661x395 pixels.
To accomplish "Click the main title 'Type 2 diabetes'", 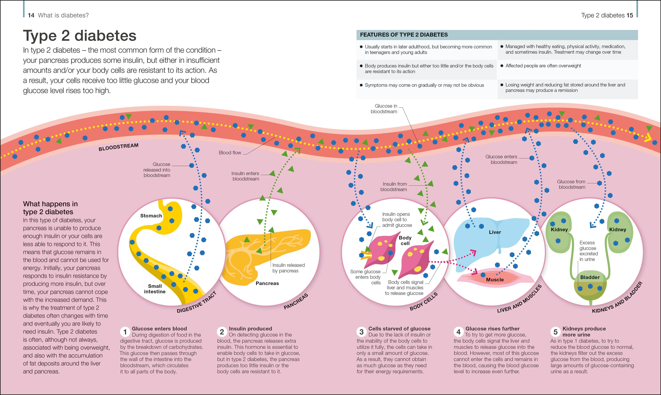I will pyautogui.click(x=80, y=36).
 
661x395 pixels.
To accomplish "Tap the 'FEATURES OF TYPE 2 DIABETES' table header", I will pyautogui.click(x=403, y=35).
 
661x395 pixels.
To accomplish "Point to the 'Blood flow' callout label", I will pyautogui.click(x=230, y=153).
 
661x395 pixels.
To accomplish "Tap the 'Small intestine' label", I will pyautogui.click(x=155, y=289).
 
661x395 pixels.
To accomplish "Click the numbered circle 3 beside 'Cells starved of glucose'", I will pyautogui.click(x=361, y=332).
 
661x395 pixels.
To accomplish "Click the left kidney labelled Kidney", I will pyautogui.click(x=559, y=232).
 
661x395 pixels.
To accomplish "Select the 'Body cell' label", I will pyautogui.click(x=405, y=240).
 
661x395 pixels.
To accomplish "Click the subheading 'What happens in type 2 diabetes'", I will pyautogui.click(x=50, y=208).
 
